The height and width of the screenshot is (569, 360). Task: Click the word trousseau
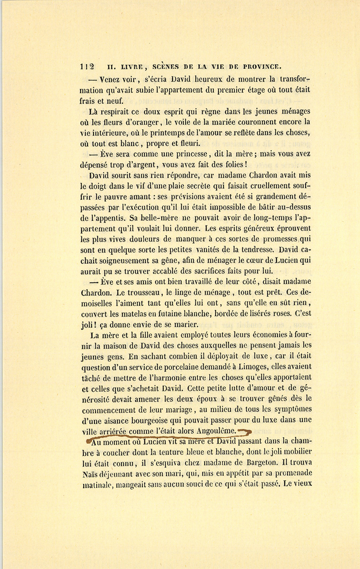tap(146, 293)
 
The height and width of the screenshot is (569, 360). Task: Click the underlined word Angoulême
tap(217, 431)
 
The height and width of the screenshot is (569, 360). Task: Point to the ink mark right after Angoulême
tap(245, 431)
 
